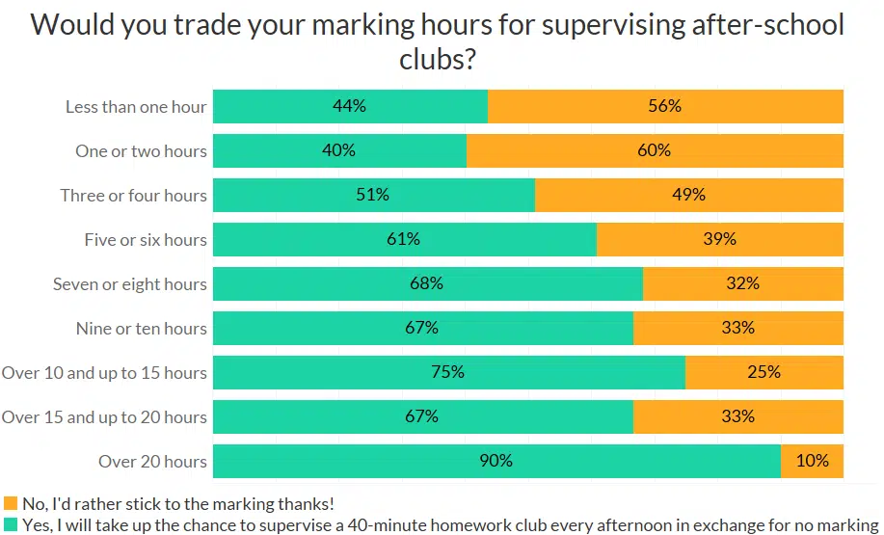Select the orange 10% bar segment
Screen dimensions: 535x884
click(x=812, y=462)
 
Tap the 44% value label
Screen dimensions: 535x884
click(x=350, y=106)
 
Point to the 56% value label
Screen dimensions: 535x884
click(x=664, y=106)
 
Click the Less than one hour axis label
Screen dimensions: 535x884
click(x=136, y=107)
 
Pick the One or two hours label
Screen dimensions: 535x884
click(x=141, y=151)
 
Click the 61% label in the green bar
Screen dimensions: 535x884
click(x=403, y=239)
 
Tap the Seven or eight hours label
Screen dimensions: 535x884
click(x=130, y=284)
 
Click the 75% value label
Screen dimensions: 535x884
click(x=447, y=372)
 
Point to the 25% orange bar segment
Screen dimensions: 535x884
click(x=763, y=373)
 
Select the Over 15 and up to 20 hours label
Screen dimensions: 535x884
click(x=104, y=417)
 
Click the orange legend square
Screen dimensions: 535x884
click(x=11, y=503)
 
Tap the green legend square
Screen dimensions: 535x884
click(x=11, y=523)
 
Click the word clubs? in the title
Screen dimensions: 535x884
click(x=438, y=60)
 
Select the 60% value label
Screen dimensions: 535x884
click(x=654, y=150)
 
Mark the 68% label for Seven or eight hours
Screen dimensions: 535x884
click(x=426, y=283)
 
